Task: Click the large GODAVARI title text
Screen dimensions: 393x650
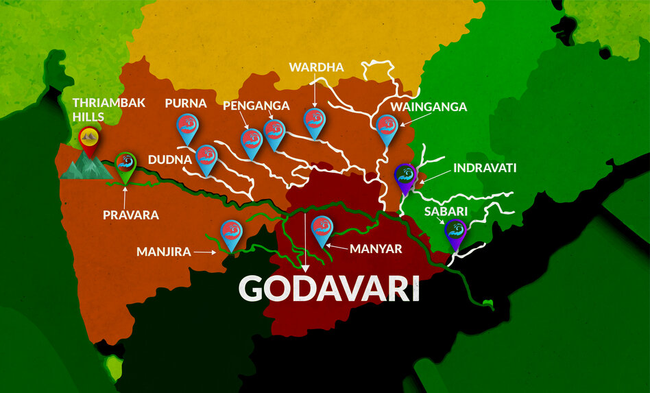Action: (x=328, y=289)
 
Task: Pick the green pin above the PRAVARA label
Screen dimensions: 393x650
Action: (x=125, y=165)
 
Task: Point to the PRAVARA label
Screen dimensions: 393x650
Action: (x=130, y=215)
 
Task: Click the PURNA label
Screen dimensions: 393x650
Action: (x=185, y=103)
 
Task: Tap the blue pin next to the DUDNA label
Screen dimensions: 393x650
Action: (x=206, y=157)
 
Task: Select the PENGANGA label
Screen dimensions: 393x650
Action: (x=256, y=106)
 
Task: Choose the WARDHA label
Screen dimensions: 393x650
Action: (x=316, y=67)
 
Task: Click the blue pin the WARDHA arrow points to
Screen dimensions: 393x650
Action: (x=315, y=121)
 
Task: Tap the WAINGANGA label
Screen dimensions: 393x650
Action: (x=429, y=106)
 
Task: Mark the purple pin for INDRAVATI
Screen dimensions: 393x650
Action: (x=406, y=176)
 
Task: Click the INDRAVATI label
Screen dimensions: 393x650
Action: (x=484, y=167)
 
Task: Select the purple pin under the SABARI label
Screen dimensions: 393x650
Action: (x=455, y=232)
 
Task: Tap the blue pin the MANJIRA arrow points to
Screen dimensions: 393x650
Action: (x=232, y=233)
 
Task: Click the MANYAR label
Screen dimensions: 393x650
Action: (x=376, y=248)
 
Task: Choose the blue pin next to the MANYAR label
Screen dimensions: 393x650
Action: (x=322, y=228)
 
